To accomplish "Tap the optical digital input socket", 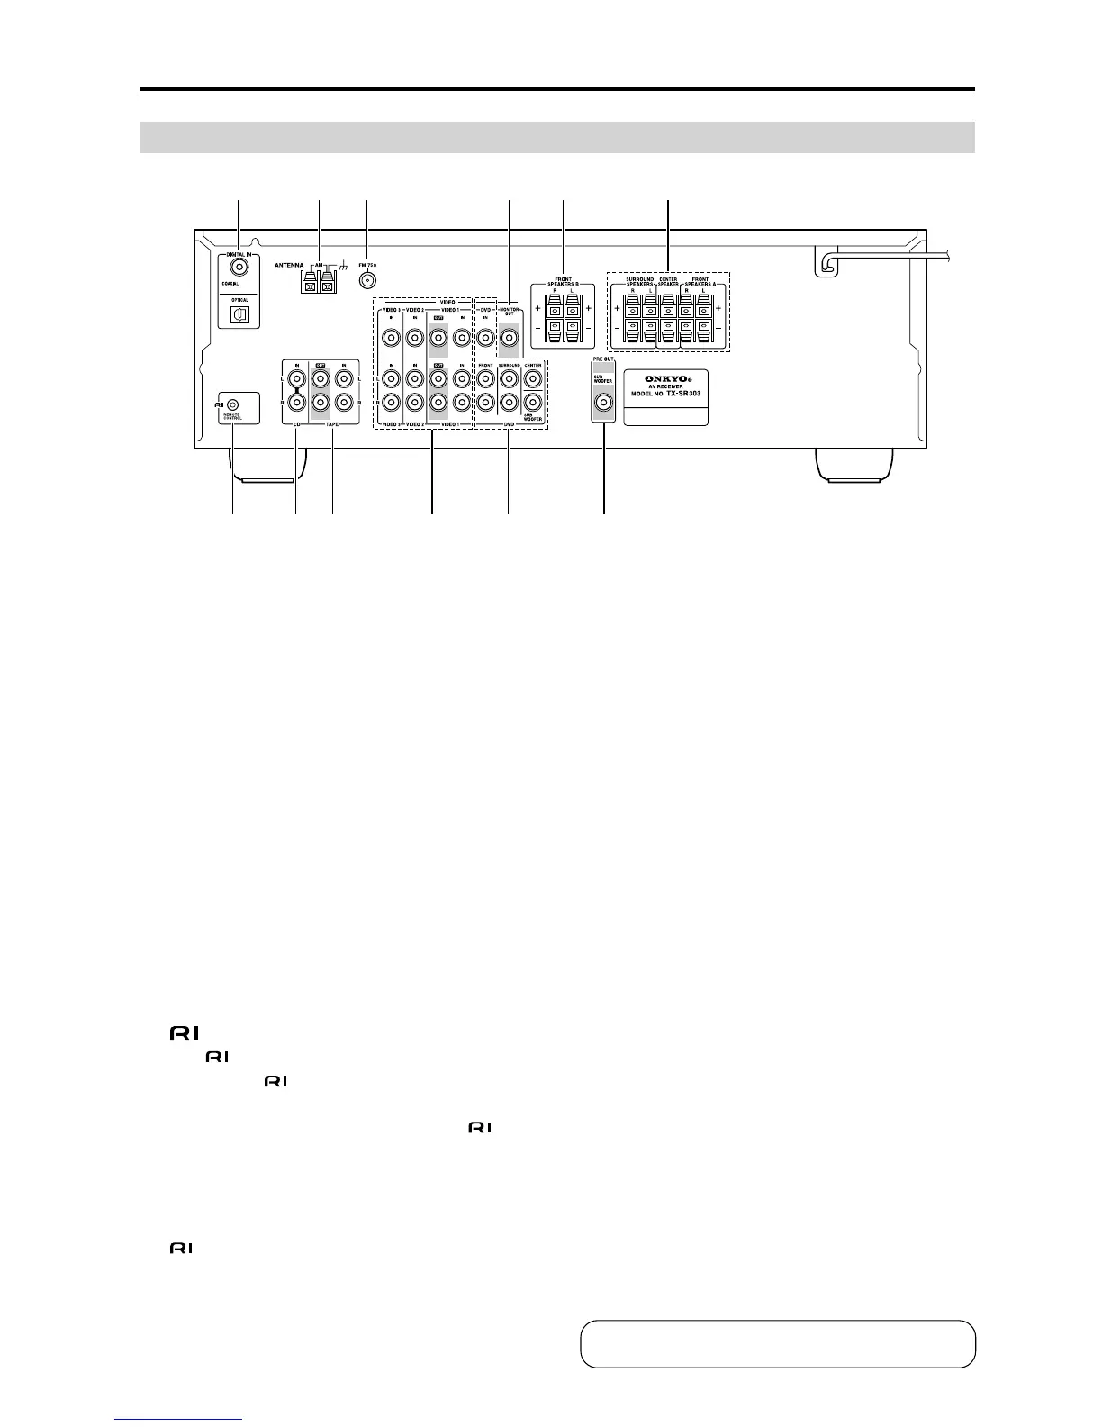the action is point(239,314).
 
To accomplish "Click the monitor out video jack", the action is point(509,339).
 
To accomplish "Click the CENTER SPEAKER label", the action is point(668,281).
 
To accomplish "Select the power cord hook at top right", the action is point(826,261).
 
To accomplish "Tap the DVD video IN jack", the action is point(485,339).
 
